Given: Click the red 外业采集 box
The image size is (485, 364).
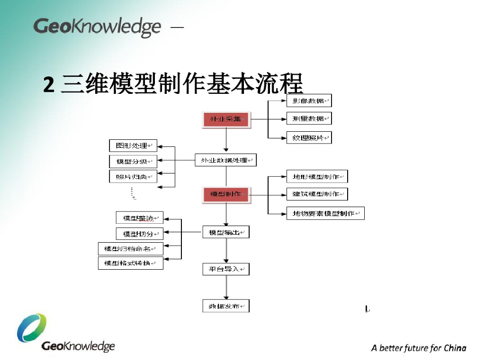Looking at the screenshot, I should [226, 119].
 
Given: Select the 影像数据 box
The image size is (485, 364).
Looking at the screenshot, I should [309, 100].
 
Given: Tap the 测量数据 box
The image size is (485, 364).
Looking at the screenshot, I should [309, 118].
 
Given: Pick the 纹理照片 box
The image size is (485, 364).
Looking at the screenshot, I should [309, 137].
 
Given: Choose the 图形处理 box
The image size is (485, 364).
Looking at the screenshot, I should [133, 146].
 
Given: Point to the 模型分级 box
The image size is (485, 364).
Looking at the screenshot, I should [133, 161].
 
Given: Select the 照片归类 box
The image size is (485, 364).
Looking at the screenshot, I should [133, 177].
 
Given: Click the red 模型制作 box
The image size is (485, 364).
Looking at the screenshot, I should [225, 194].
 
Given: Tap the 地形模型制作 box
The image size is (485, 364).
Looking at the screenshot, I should [317, 177].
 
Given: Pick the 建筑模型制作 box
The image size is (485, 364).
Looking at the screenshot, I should [317, 194].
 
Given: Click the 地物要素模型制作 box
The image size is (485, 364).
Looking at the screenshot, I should [325, 213].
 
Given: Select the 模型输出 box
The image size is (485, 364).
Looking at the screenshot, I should [225, 232].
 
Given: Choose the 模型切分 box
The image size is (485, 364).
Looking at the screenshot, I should [139, 234].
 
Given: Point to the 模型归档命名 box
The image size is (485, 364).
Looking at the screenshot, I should [130, 248].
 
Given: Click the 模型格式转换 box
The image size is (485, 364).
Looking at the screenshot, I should [130, 263].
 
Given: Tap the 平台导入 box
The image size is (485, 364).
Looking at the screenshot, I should [225, 269].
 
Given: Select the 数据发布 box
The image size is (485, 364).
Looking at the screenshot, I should [225, 306].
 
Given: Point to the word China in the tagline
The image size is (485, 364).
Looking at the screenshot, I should [455, 348].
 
